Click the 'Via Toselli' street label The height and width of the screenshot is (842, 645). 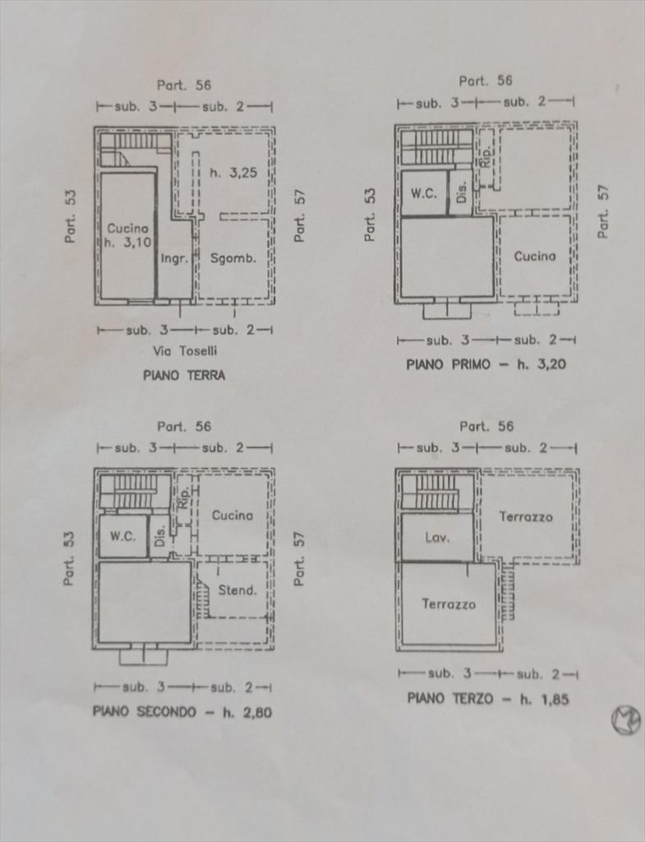click(185, 351)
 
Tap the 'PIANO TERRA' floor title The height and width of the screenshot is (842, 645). click(184, 375)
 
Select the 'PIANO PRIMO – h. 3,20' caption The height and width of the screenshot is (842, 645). click(486, 363)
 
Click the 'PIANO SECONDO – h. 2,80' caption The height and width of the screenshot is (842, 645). click(182, 712)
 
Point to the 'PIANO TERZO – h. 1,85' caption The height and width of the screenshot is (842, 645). click(488, 699)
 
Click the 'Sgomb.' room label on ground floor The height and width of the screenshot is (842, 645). click(233, 257)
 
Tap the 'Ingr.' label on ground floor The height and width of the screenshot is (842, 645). click(174, 258)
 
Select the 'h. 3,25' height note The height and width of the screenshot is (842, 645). click(233, 173)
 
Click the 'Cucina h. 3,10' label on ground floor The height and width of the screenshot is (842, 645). click(127, 235)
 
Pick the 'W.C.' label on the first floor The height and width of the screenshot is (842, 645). click(424, 194)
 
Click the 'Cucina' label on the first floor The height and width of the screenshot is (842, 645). click(535, 256)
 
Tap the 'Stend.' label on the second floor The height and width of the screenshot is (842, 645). click(237, 590)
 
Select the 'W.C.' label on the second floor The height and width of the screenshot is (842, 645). click(123, 536)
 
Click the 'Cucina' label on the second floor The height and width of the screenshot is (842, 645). click(233, 515)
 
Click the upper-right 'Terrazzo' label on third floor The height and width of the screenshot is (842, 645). click(526, 516)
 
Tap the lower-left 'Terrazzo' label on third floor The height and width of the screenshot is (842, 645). click(449, 604)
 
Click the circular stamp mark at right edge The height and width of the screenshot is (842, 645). click(625, 720)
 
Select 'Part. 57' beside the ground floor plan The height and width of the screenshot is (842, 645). click(300, 215)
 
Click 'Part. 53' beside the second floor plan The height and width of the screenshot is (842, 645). click(69, 558)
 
